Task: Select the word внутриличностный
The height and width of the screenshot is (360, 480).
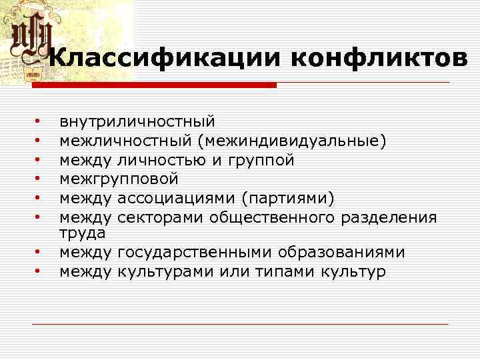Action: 137,122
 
